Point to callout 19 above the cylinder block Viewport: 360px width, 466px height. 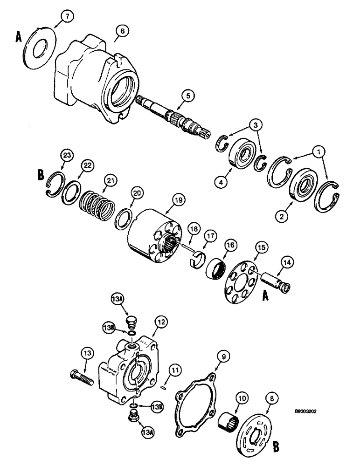[180, 199]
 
